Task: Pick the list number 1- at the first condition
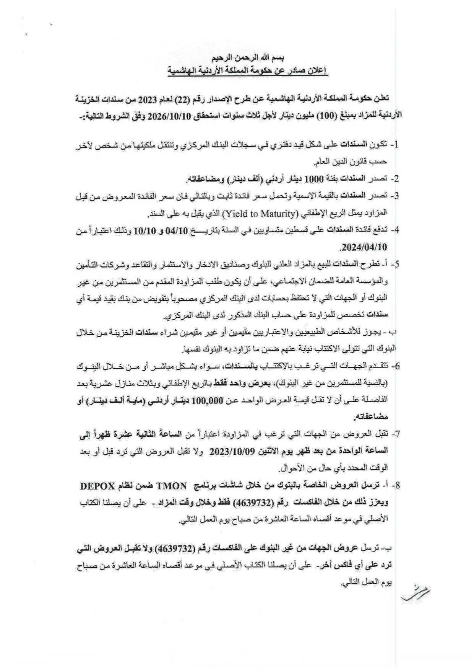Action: coord(394,144)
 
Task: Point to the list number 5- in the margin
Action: coord(394,264)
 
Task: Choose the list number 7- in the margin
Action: coord(394,434)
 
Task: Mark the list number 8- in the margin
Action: coord(394,485)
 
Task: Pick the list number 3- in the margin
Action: coord(394,196)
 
